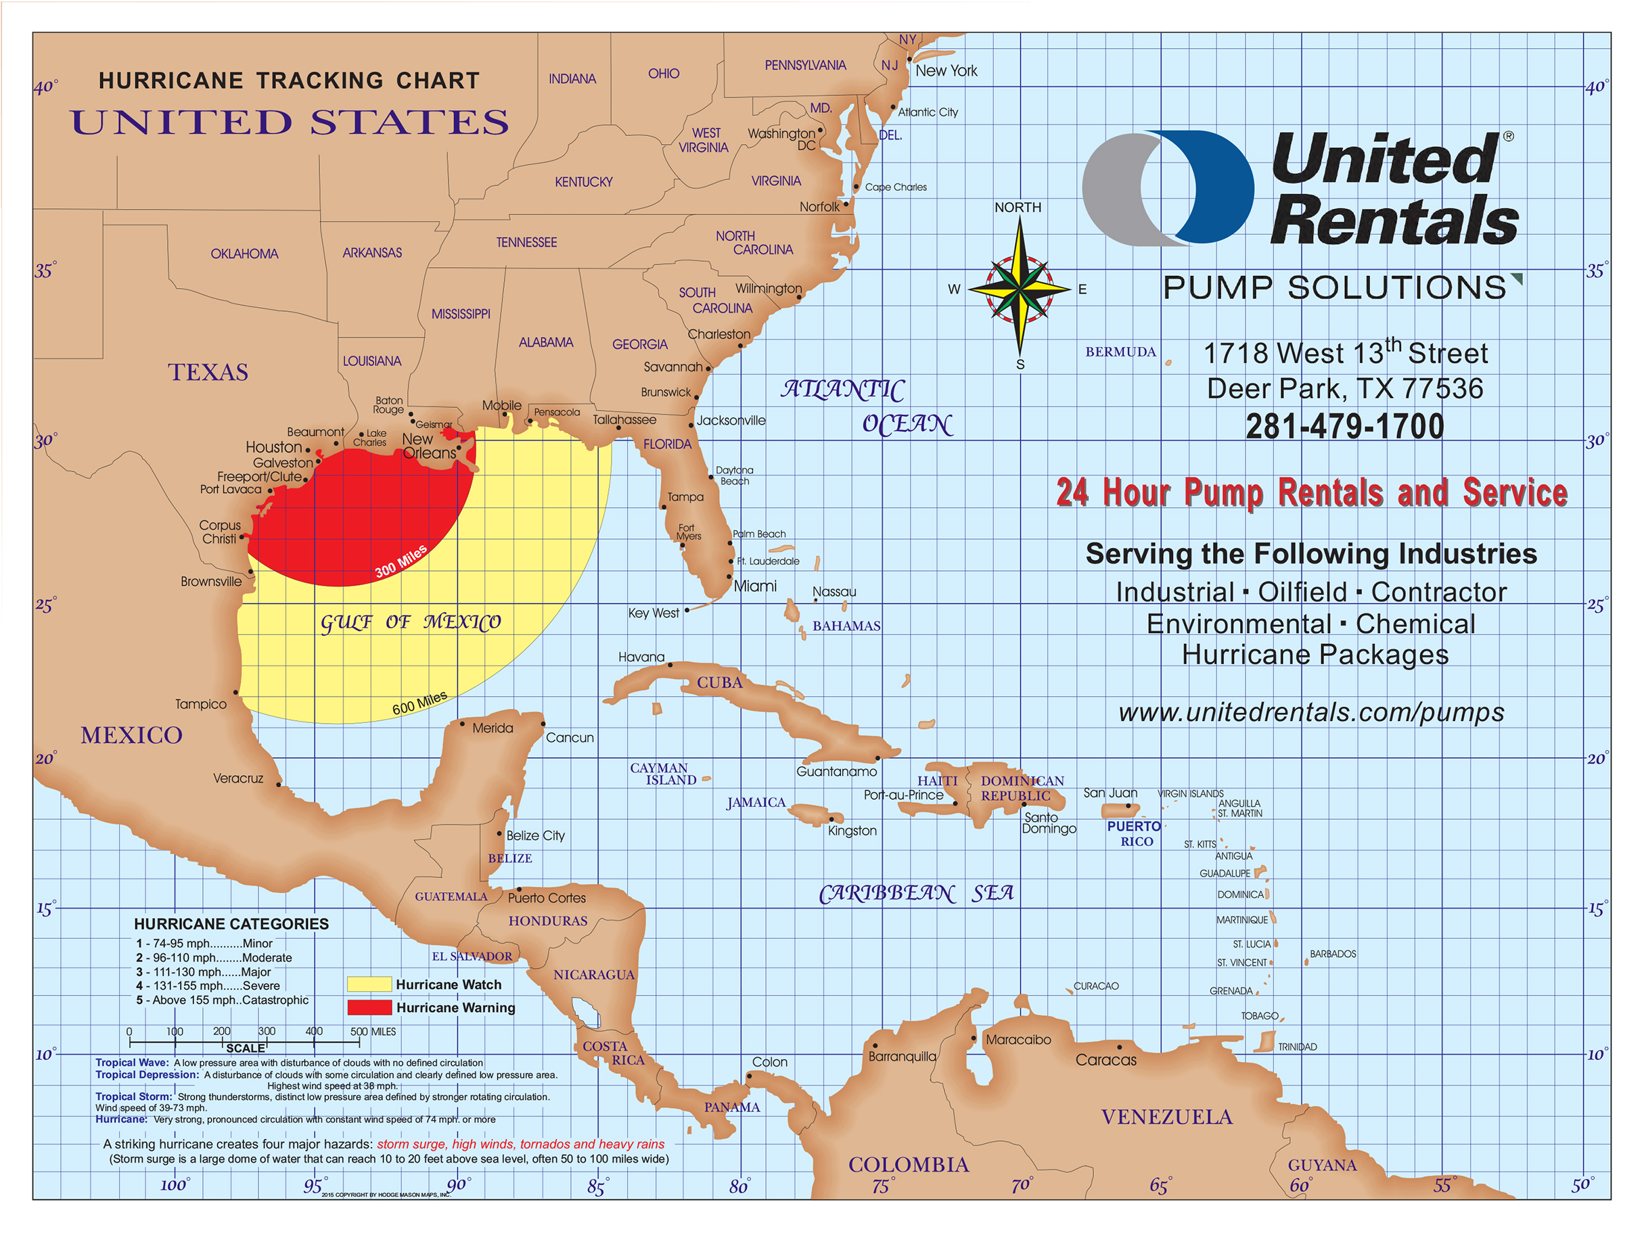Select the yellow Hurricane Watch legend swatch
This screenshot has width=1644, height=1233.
[x=369, y=984]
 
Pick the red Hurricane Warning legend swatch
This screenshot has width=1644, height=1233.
[x=369, y=1007]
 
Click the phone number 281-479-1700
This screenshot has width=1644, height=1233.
[x=1344, y=427]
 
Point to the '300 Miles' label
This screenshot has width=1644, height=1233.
[x=401, y=561]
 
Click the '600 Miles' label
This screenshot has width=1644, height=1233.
[x=420, y=702]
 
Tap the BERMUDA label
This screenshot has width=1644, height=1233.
[x=1120, y=352]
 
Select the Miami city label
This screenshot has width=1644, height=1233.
[x=755, y=586]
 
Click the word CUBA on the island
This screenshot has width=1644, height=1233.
[x=718, y=682]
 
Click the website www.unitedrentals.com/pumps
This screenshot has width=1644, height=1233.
[x=1311, y=712]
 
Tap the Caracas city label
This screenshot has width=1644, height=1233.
[x=1105, y=1060]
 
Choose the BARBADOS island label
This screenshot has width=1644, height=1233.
[x=1332, y=954]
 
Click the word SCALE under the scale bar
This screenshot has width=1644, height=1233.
[x=246, y=1048]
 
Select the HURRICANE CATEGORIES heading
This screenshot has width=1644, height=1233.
[x=231, y=924]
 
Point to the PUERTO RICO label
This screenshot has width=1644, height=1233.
[x=1135, y=833]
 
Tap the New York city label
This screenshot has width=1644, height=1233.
[x=945, y=70]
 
